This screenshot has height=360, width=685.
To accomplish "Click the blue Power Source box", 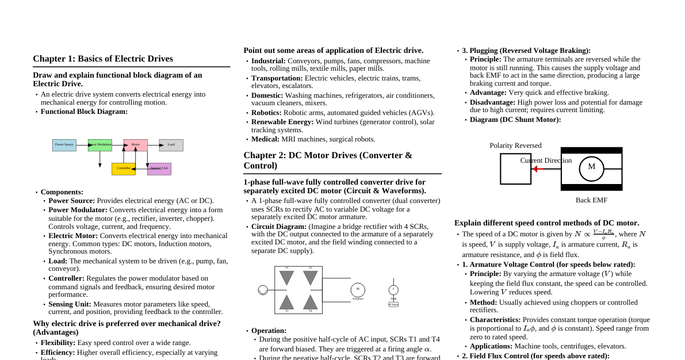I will (x=64, y=145).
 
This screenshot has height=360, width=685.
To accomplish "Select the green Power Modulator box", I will (x=100, y=145).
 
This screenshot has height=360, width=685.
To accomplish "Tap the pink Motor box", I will (x=136, y=145).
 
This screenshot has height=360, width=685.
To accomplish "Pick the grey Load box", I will (x=171, y=145).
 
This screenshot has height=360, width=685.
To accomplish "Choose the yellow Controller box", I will (x=124, y=168).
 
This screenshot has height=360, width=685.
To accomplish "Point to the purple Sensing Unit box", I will (x=159, y=168).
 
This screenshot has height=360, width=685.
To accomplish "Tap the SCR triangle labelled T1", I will (x=286, y=278).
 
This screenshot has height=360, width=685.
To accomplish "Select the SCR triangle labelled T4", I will (x=311, y=302).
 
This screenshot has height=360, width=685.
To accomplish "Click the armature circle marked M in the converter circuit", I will (x=358, y=290).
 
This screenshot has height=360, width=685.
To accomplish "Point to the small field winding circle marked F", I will (x=393, y=290).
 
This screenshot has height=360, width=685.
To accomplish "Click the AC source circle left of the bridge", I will (x=263, y=290).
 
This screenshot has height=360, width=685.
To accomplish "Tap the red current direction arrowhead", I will (x=535, y=169).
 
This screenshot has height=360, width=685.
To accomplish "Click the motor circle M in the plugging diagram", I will (x=591, y=168).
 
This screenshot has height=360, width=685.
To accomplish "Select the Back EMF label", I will (x=591, y=200).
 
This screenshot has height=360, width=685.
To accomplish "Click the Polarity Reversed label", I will (x=515, y=145).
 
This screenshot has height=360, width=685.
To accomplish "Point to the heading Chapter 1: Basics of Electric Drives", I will (x=103, y=59).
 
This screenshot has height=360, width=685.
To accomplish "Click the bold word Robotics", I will (x=266, y=113).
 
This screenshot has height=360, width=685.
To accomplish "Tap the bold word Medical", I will (x=265, y=139).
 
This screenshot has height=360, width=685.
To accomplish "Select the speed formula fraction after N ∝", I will (x=603, y=234).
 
